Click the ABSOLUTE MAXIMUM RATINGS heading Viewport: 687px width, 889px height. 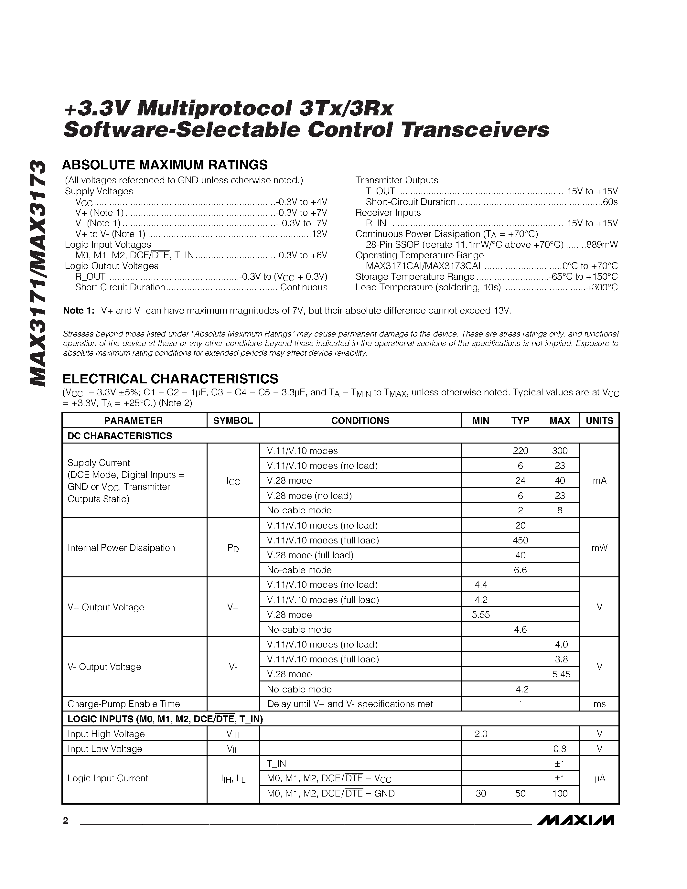pyautogui.click(x=165, y=165)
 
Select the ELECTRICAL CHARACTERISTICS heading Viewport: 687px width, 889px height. pyautogui.click(x=170, y=379)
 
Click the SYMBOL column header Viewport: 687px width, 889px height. pyautogui.click(x=233, y=421)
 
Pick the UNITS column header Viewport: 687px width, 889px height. pyautogui.click(x=599, y=421)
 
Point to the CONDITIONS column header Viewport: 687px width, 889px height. pyautogui.click(x=360, y=421)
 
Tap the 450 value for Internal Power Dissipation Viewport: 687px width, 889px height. pyautogui.click(x=520, y=540)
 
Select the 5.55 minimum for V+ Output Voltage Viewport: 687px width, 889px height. pyautogui.click(x=481, y=615)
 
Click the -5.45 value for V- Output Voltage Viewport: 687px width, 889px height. pyautogui.click(x=560, y=674)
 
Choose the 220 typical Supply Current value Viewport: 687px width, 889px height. pyautogui.click(x=520, y=451)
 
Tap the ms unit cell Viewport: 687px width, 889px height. pyautogui.click(x=599, y=704)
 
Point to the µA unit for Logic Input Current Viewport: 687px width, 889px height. pyautogui.click(x=599, y=778)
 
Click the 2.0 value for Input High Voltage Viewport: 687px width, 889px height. pyautogui.click(x=481, y=734)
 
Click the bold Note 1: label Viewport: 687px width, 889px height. pyautogui.click(x=79, y=311)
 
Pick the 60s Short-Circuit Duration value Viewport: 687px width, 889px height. pyautogui.click(x=610, y=202)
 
